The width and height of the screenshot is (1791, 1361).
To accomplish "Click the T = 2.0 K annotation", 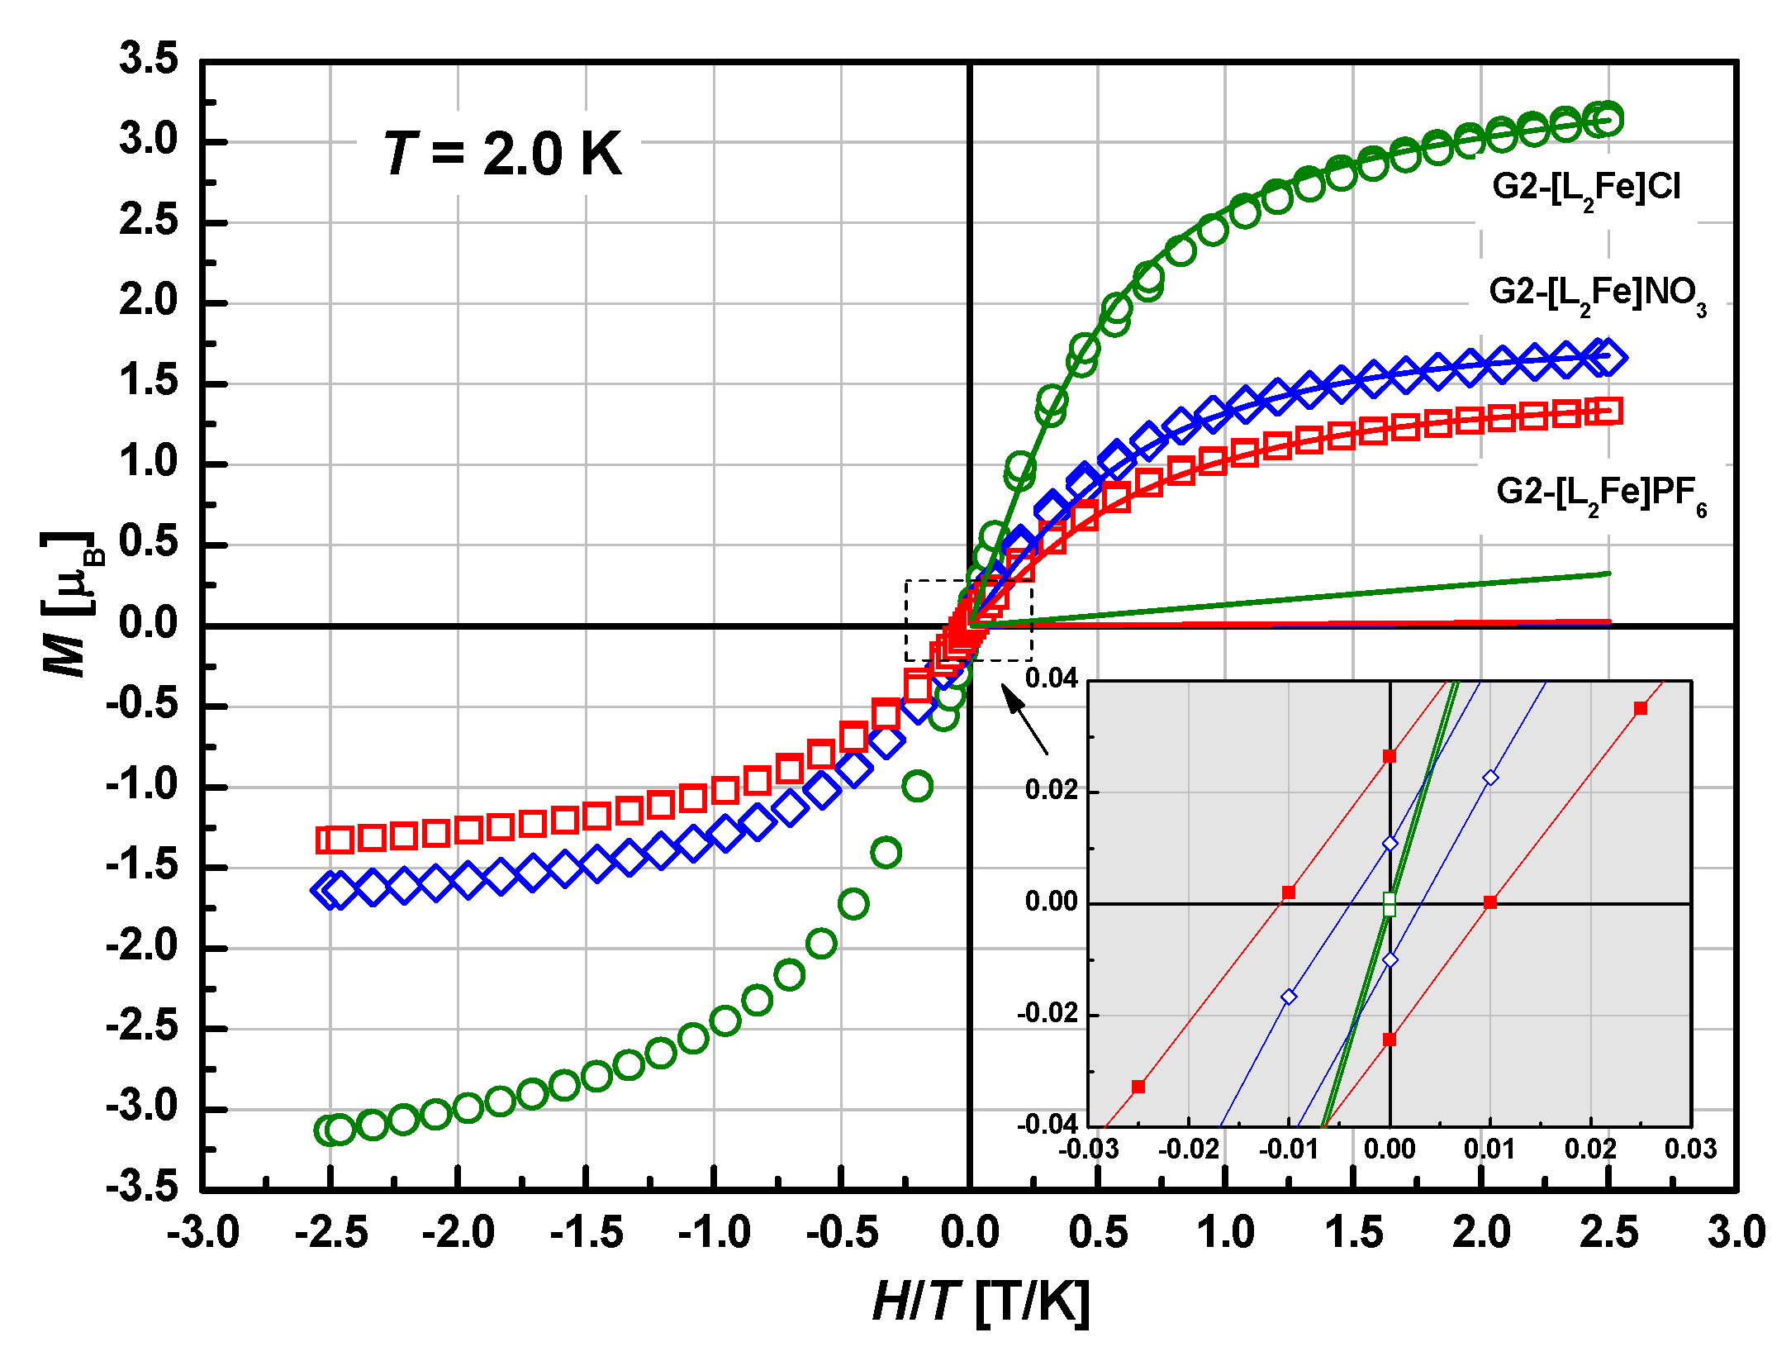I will [501, 154].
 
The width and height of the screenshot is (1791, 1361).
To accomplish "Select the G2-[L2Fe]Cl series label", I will [1585, 188].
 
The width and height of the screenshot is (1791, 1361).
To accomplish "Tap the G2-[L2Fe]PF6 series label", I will [1600, 494].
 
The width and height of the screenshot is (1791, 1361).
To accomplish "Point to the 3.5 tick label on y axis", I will [149, 59].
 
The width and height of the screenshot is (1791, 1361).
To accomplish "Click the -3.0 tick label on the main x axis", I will [202, 1233].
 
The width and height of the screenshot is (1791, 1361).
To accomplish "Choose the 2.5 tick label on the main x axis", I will [1609, 1233].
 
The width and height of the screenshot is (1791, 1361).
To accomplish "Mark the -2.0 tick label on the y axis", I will [142, 946].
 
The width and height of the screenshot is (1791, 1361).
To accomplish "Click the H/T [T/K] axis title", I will [981, 1303].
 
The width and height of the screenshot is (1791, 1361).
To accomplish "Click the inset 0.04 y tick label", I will [1052, 679].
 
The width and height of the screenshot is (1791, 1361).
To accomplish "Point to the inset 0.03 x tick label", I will [1690, 1149].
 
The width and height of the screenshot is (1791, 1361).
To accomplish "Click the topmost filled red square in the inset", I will [1641, 708].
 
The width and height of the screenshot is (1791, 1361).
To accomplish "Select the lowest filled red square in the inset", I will [1138, 1087].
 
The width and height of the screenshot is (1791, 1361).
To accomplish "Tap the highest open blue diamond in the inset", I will [1490, 778].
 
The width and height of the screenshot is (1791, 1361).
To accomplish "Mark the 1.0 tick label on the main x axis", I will [1226, 1233].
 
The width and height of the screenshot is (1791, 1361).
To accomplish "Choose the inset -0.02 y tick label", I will [1048, 1014].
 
